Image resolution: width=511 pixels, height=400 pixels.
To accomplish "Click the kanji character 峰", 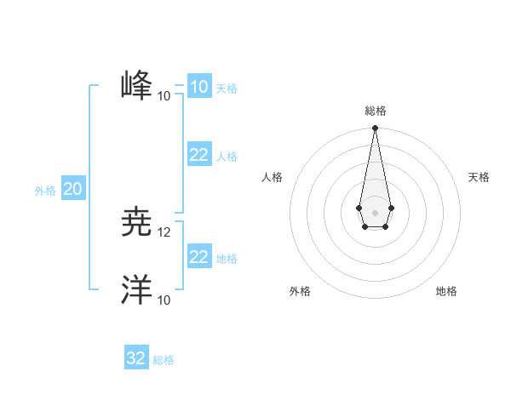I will click(x=136, y=86).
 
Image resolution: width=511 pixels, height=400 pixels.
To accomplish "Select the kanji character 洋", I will click(x=136, y=289).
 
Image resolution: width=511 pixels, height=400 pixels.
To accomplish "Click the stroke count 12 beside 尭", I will click(x=164, y=232).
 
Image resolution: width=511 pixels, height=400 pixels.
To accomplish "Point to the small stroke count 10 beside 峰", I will click(x=164, y=96).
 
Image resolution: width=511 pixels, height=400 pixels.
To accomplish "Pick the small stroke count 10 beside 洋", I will click(x=164, y=300).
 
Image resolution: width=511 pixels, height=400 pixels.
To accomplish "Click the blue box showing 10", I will click(x=198, y=86).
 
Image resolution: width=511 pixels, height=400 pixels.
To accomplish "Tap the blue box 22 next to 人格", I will click(x=198, y=154).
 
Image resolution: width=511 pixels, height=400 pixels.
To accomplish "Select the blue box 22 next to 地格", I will click(x=198, y=256).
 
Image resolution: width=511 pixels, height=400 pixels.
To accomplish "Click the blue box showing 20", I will click(x=72, y=189).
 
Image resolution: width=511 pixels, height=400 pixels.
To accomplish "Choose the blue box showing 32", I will click(x=136, y=358).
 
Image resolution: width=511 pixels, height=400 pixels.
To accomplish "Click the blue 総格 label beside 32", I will click(x=164, y=360).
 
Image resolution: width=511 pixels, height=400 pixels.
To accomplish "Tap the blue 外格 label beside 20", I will click(x=45, y=191).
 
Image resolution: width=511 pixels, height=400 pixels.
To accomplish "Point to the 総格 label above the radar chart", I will click(x=375, y=111).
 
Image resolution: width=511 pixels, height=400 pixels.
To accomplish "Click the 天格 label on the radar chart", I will click(x=479, y=177).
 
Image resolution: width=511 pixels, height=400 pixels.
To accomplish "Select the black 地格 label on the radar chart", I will click(x=446, y=291).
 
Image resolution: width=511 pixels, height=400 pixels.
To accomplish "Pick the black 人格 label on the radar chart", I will click(x=273, y=177).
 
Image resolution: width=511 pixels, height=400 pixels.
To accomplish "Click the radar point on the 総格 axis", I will click(x=375, y=129).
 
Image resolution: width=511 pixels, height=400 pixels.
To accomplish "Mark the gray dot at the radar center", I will click(x=375, y=211).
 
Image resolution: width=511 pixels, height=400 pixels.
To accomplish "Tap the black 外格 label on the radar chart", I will click(x=300, y=291).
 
